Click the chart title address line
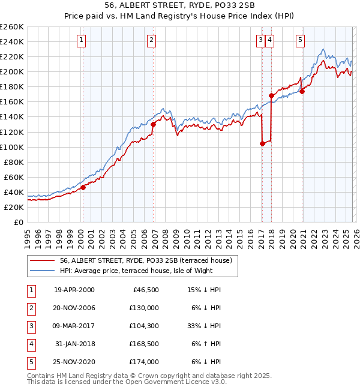(x=179, y=5)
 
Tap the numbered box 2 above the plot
(x=152, y=40)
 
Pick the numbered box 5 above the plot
(x=300, y=40)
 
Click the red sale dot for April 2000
(x=83, y=187)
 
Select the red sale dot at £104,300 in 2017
(x=262, y=143)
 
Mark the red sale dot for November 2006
(x=154, y=124)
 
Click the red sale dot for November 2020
(x=302, y=91)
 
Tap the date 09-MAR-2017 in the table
(x=74, y=326)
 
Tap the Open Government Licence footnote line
(x=127, y=382)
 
